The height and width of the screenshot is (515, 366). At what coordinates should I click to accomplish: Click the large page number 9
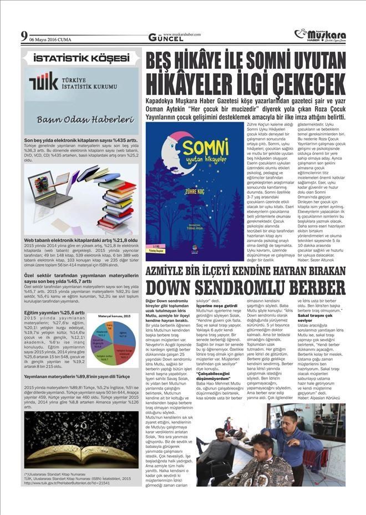23,37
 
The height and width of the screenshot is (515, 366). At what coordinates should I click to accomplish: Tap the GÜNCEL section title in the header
166,38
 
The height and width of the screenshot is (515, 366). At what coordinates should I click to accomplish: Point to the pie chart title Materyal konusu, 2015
113,316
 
